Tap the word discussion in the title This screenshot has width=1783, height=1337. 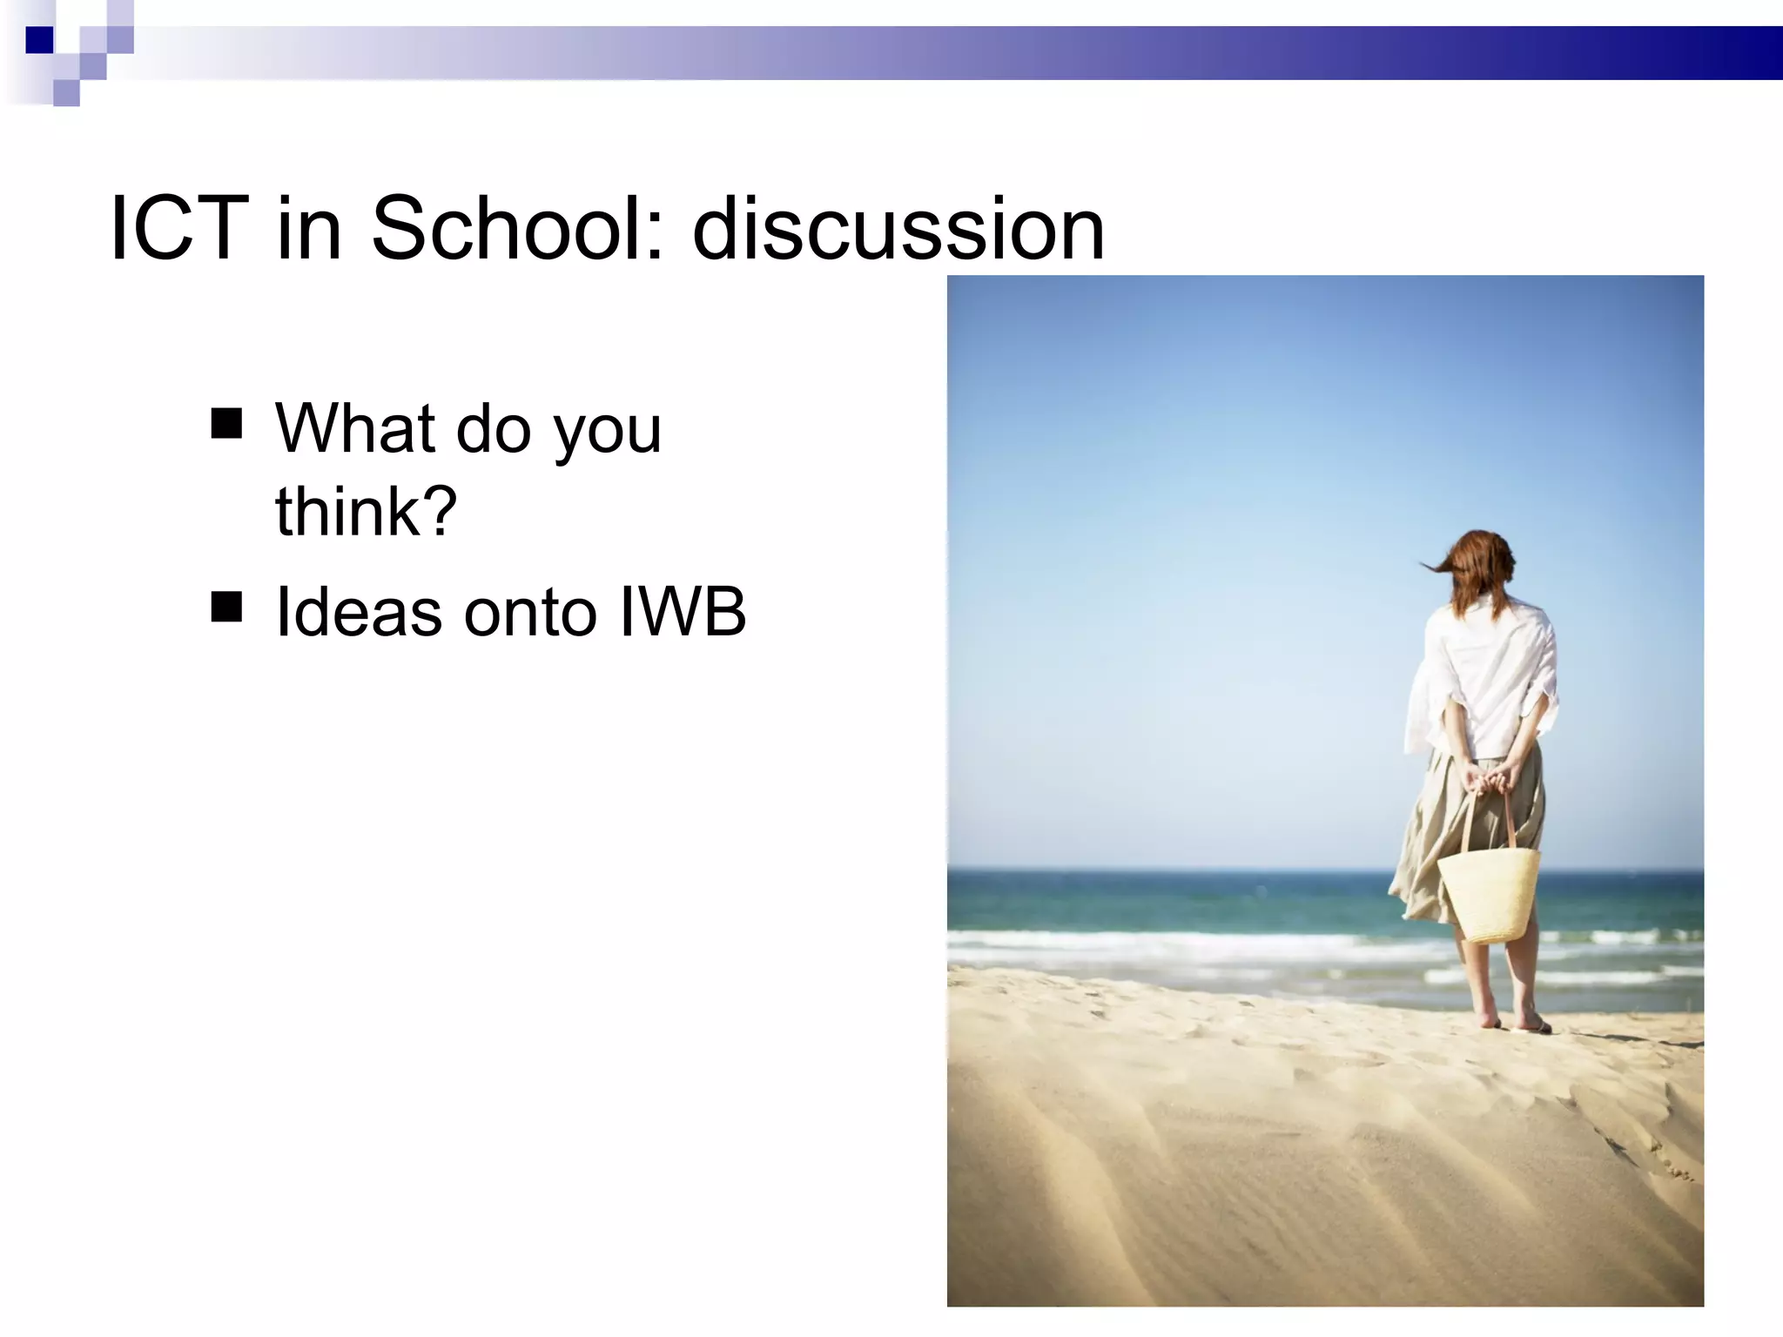coord(898,228)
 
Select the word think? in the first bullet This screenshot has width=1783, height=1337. coord(366,511)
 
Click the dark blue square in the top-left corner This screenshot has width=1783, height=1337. coord(39,40)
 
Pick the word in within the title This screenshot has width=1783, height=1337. coord(308,228)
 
